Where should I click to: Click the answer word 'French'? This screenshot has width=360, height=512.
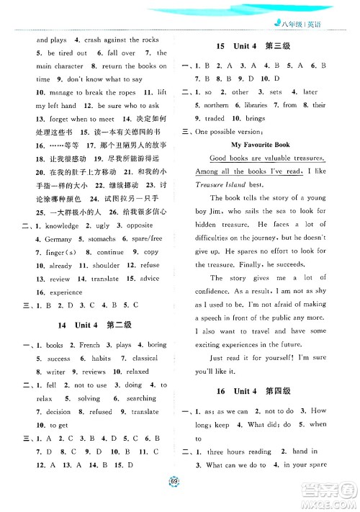pyautogui.click(x=90, y=345)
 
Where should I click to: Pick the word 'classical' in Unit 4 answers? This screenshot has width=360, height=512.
pyautogui.click(x=145, y=358)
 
